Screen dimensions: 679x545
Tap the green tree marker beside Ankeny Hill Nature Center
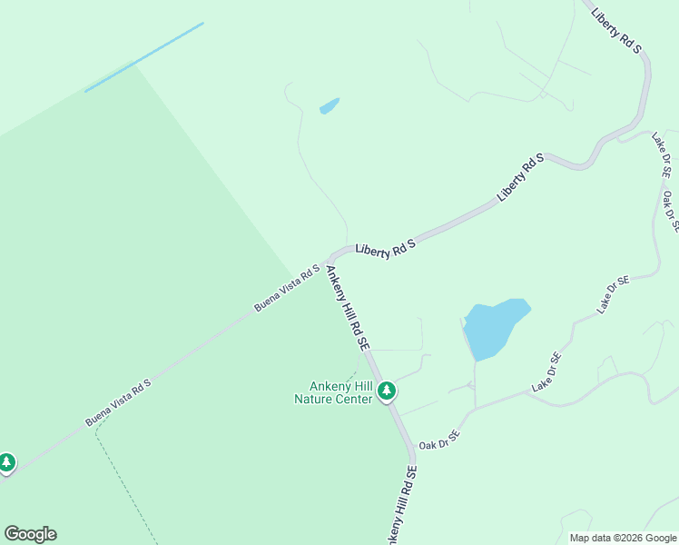(x=387, y=391)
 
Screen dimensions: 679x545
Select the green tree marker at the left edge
(x=6, y=462)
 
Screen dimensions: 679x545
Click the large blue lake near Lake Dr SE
(x=491, y=328)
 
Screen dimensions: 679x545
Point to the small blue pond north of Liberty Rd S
(x=329, y=106)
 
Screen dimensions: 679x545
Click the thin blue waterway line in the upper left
(x=143, y=57)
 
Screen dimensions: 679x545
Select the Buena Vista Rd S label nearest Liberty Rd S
(x=287, y=288)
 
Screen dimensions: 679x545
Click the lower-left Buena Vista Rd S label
(x=118, y=403)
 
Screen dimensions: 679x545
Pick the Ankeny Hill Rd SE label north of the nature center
(x=348, y=308)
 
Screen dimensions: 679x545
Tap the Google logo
(x=31, y=534)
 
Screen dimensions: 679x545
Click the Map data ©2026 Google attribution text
(x=623, y=538)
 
